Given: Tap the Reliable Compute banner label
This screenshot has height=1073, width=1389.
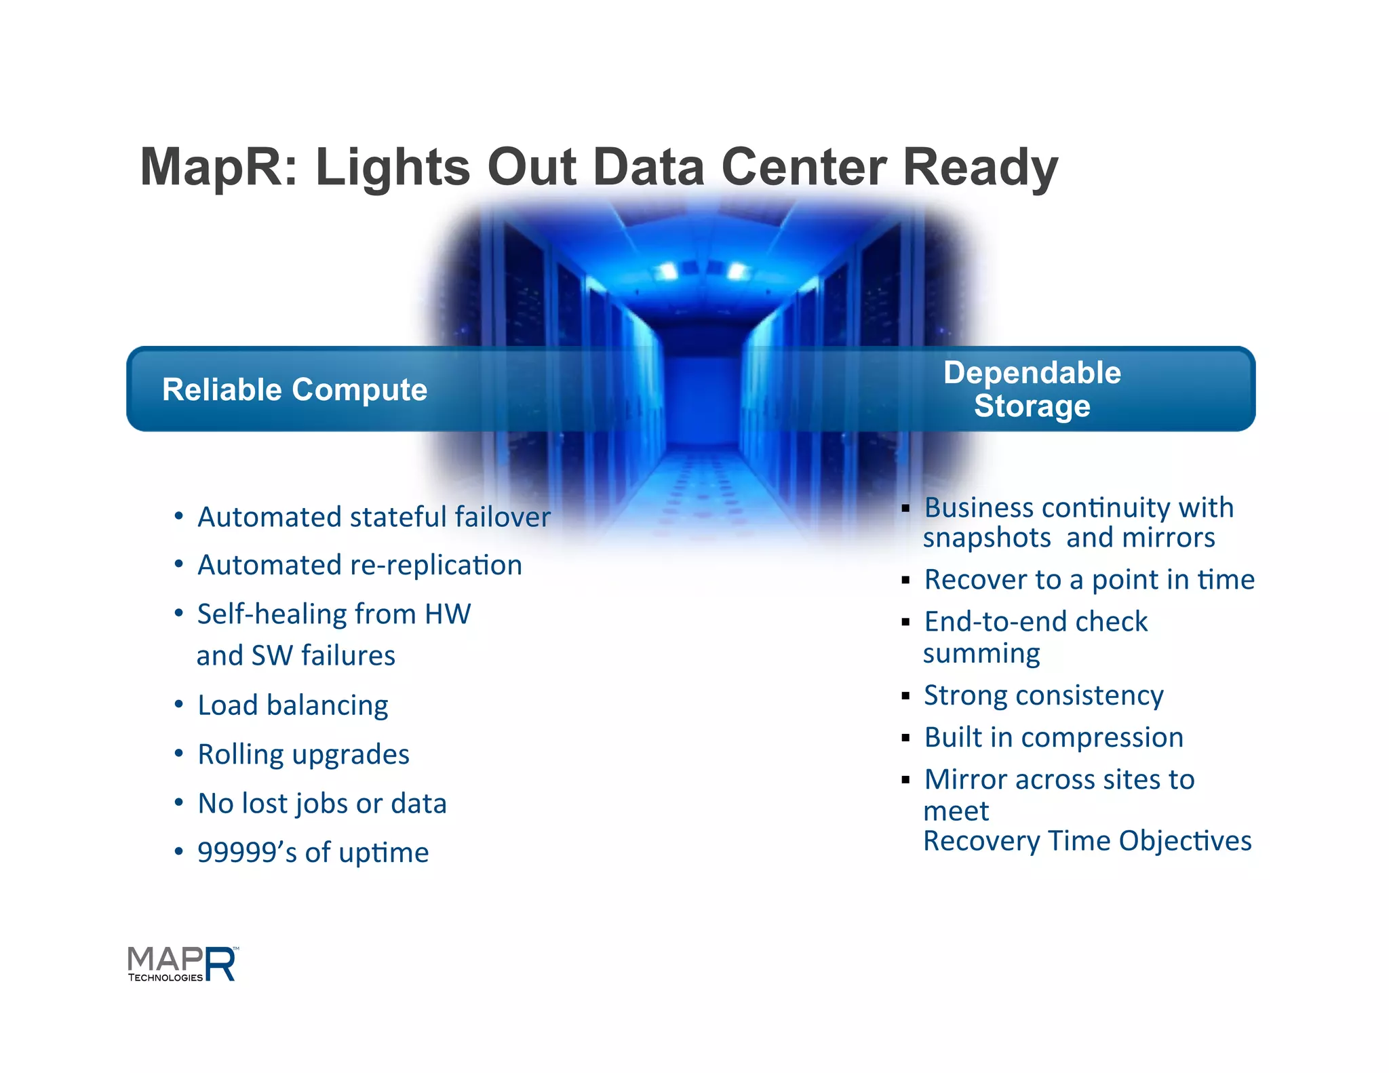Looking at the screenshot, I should click(x=294, y=390).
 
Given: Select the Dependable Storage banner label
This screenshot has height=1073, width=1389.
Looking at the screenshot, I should click(x=1032, y=389).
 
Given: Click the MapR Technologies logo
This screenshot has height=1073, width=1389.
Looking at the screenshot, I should click(x=182, y=964).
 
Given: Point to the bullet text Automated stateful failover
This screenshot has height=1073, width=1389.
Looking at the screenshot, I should click(x=374, y=517).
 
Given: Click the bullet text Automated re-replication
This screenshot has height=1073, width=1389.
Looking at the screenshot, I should click(x=359, y=565).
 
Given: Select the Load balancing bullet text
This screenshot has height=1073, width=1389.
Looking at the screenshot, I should click(x=292, y=705).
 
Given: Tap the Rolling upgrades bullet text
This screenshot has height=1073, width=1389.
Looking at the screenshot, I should click(x=303, y=754).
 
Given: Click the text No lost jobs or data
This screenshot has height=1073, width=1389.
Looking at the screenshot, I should click(x=322, y=804).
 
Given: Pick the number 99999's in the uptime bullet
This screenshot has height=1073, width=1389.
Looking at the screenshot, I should click(x=247, y=853).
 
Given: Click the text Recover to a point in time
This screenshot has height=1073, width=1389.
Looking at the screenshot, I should click(x=1089, y=580).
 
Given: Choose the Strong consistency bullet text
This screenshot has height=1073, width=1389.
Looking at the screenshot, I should click(x=1044, y=696).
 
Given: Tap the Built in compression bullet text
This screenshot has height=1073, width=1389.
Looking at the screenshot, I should click(x=1054, y=738).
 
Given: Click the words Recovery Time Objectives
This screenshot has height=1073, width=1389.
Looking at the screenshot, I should click(x=1087, y=841).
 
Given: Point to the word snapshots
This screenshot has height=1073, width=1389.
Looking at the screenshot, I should click(x=987, y=538).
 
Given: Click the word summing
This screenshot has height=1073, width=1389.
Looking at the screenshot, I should click(x=981, y=654).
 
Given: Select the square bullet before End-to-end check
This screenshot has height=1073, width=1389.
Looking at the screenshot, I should click(x=905, y=622).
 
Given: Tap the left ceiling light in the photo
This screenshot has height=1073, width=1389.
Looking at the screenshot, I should click(x=667, y=271).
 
